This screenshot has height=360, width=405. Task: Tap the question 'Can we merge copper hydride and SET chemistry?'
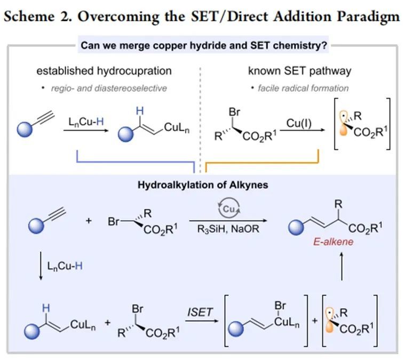click(204, 46)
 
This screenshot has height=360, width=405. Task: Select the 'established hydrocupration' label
click(104, 71)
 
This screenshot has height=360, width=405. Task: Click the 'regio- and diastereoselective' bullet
click(109, 88)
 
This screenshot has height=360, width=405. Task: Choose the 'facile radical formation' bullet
click(303, 88)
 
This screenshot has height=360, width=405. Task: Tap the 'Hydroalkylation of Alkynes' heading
click(203, 186)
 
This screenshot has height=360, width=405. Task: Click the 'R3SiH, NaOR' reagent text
click(228, 233)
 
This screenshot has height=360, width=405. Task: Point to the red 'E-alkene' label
click(333, 242)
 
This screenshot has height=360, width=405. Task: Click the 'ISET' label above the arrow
click(199, 312)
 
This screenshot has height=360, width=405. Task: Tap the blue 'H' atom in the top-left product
click(140, 110)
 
